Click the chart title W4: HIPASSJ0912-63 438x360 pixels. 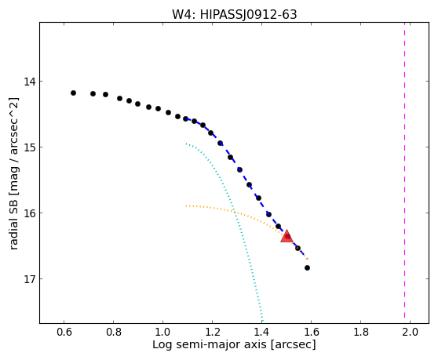click(234, 14)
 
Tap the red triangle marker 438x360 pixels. click(287, 237)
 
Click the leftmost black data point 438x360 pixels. click(73, 93)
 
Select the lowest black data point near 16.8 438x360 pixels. click(307, 268)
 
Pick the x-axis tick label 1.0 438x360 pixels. click(162, 332)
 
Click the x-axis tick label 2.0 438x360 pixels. click(410, 332)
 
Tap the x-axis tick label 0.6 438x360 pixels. click(64, 332)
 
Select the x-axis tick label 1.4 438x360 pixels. click(261, 332)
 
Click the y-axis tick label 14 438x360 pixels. click(30, 82)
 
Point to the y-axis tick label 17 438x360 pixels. click(30, 278)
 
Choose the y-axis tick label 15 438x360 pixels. click(30, 147)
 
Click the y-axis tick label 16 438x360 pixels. click(30, 213)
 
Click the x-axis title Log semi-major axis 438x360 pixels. click(210, 345)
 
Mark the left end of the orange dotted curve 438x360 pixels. click(186, 206)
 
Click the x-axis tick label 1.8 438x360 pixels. click(360, 332)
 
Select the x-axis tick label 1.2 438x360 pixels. click(212, 332)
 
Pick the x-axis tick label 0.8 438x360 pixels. click(113, 332)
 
